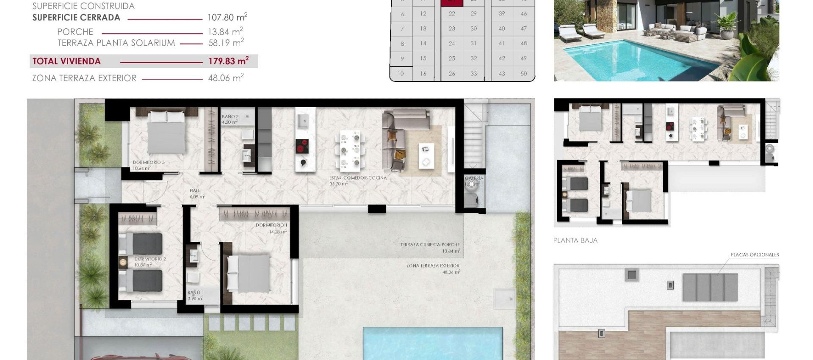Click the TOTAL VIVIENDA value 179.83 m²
click(228, 61)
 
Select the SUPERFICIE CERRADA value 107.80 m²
click(227, 17)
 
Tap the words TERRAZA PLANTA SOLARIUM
click(116, 43)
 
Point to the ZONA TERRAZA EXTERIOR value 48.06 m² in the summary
click(226, 78)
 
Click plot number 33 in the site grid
click(473, 73)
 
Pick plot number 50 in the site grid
click(523, 73)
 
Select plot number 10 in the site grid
click(401, 73)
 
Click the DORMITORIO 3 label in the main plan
click(149, 162)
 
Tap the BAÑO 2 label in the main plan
click(230, 116)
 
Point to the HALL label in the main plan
click(195, 191)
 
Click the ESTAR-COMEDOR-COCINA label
click(358, 178)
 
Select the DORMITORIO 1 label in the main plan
click(271, 225)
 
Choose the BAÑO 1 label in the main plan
click(196, 293)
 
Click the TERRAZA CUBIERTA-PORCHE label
click(430, 245)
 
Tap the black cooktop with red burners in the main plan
click(302, 146)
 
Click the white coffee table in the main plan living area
click(426, 155)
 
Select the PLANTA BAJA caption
click(575, 241)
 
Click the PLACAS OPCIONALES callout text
click(755, 255)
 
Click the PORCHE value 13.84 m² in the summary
click(225, 32)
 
